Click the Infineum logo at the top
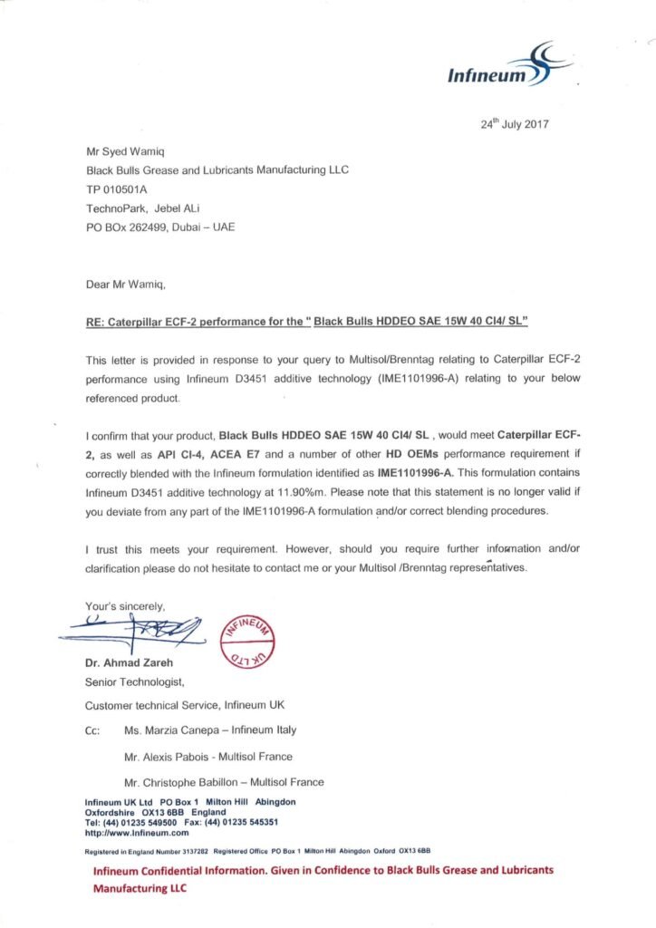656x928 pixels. (x=508, y=67)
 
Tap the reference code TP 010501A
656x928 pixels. (x=116, y=189)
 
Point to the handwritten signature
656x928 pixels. (x=136, y=627)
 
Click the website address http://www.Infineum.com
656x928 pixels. (x=136, y=831)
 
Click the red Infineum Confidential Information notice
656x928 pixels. (x=323, y=878)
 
